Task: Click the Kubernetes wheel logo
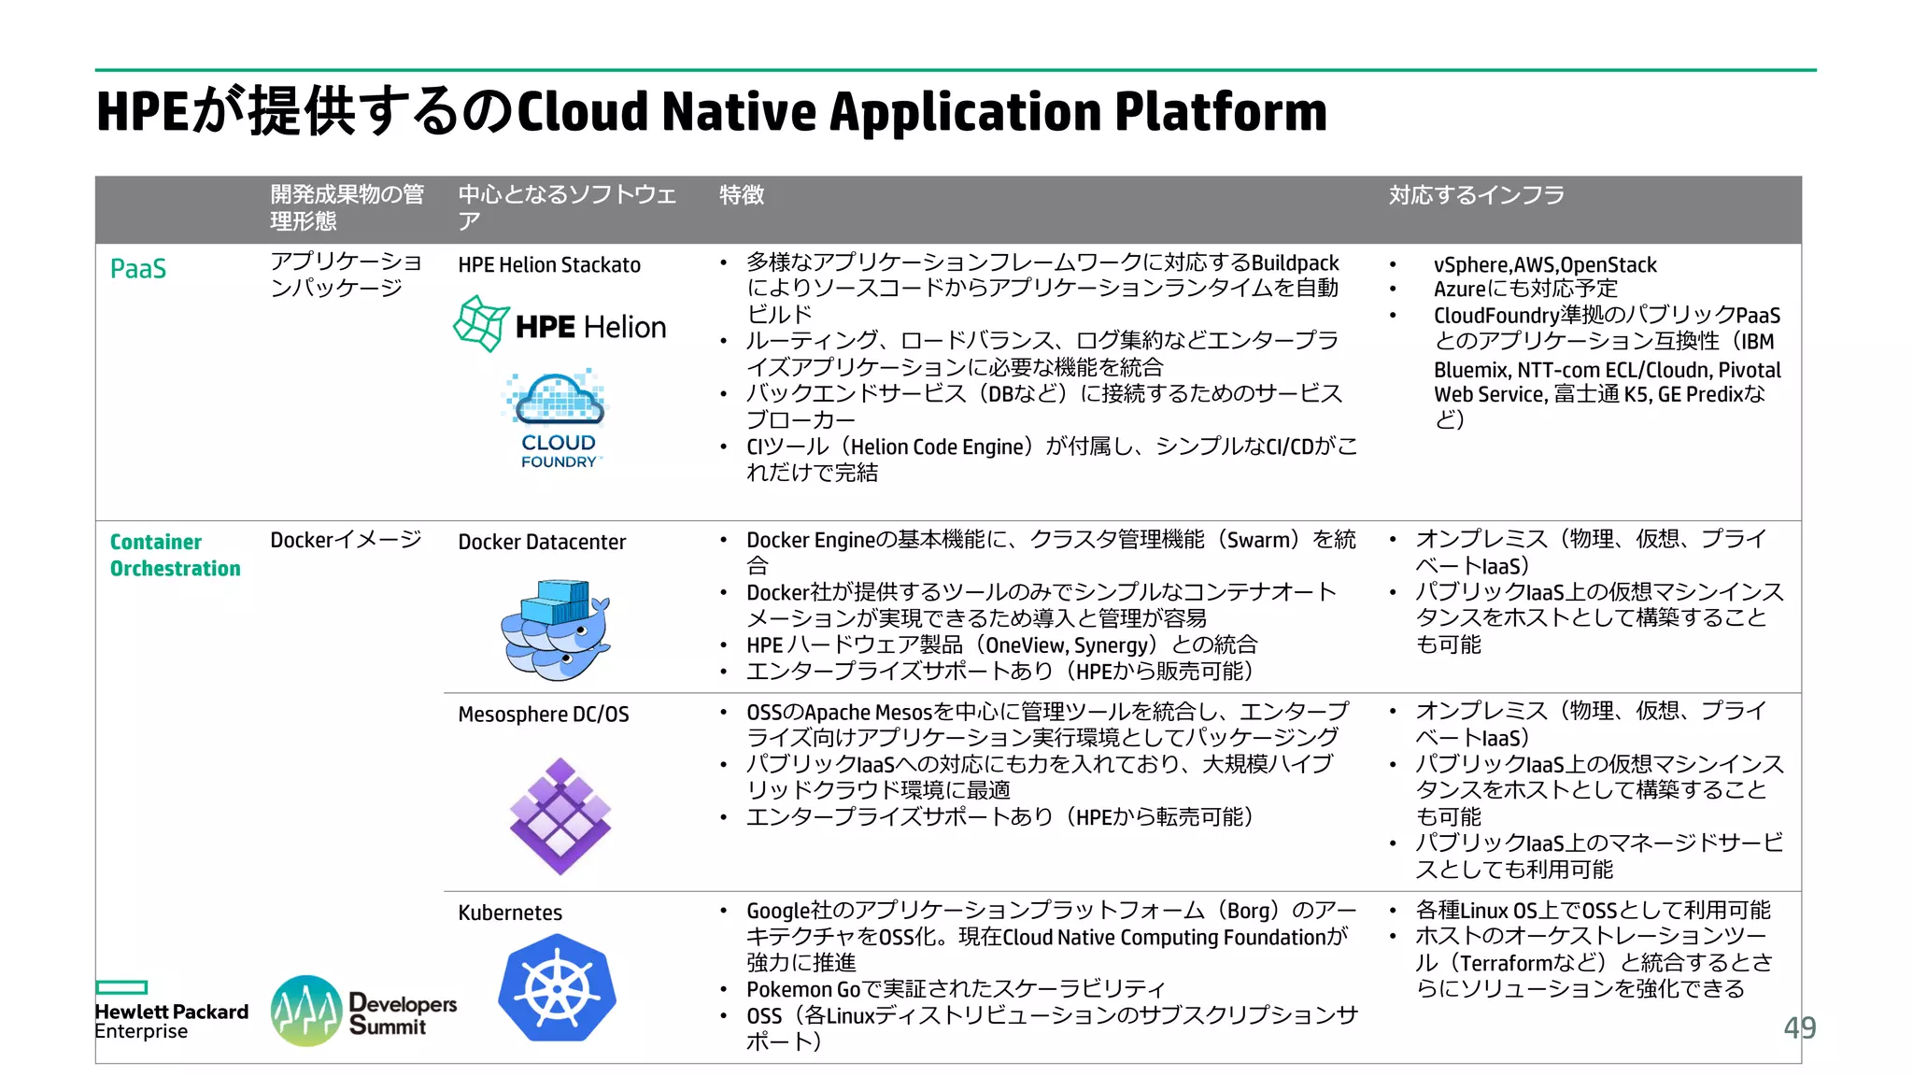pyautogui.click(x=558, y=988)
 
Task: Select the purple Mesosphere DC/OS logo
pyautogui.click(x=560, y=816)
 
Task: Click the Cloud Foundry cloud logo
pyautogui.click(x=559, y=418)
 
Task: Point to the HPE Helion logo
pyautogui.click(x=560, y=325)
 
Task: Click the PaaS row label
pyautogui.click(x=138, y=269)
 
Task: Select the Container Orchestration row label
pyautogui.click(x=175, y=555)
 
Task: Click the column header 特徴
pyautogui.click(x=742, y=195)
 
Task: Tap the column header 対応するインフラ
pyautogui.click(x=1476, y=195)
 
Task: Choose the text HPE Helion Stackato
pyautogui.click(x=549, y=265)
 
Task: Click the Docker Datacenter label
pyautogui.click(x=542, y=542)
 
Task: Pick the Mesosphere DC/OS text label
pyautogui.click(x=544, y=715)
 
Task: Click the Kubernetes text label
pyautogui.click(x=510, y=913)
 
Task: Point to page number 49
pyautogui.click(x=1799, y=1027)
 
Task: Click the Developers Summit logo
pyautogui.click(x=364, y=1012)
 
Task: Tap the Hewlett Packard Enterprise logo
pyautogui.click(x=171, y=1012)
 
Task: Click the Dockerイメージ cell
pyautogui.click(x=346, y=540)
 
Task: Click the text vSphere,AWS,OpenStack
pyautogui.click(x=1545, y=265)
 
